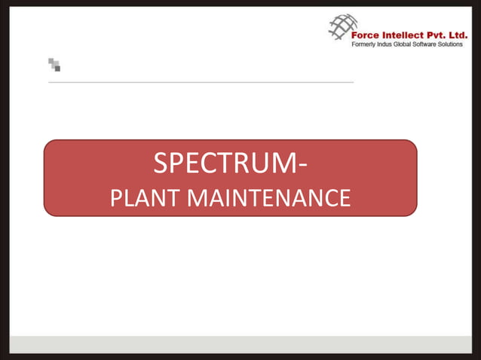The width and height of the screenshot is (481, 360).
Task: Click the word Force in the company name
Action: (x=369, y=33)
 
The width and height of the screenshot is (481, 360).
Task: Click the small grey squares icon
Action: (x=54, y=65)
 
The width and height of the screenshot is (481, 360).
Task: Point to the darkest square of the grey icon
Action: (x=57, y=68)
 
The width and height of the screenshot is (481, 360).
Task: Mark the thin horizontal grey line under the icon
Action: (x=201, y=82)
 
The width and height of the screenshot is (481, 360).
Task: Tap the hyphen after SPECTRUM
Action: (x=302, y=165)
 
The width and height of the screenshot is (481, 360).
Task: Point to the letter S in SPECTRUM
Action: (x=161, y=163)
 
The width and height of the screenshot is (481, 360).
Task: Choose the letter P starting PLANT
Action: (x=116, y=198)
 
